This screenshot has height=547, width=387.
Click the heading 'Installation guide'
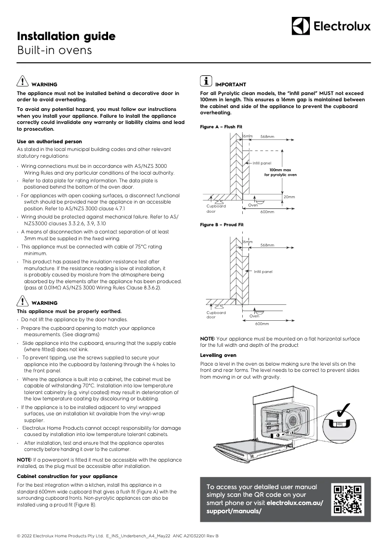[66, 36]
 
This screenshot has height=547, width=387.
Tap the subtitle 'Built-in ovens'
[54, 50]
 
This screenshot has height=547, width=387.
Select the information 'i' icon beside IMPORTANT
[206, 82]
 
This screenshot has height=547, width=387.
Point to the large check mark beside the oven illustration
[345, 408]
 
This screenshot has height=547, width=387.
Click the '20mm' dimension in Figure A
[289, 197]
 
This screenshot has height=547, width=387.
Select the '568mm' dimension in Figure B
[267, 246]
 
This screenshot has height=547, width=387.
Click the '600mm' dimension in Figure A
[267, 212]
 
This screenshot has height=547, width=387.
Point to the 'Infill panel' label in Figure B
[263, 272]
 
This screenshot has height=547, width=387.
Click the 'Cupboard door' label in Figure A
[216, 209]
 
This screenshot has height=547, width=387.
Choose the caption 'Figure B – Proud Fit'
[221, 225]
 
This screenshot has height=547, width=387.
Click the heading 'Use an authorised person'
[49, 141]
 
